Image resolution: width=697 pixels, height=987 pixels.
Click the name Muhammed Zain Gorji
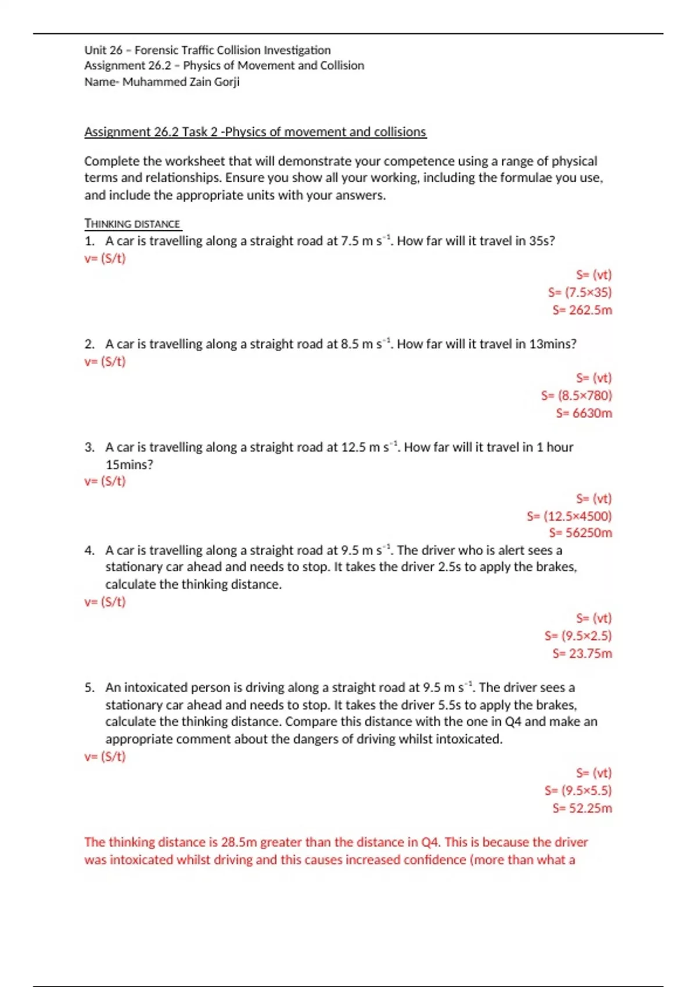[x=181, y=82]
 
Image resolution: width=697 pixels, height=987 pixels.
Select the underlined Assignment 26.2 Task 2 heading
[x=255, y=132]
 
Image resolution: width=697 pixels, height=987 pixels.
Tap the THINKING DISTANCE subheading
[x=132, y=224]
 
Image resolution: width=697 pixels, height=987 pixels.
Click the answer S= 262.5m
[x=582, y=310]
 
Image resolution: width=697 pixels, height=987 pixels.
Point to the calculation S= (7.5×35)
[x=580, y=293]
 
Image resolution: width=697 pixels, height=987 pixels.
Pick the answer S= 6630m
[x=584, y=413]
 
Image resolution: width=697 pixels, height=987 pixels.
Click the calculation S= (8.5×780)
[x=576, y=396]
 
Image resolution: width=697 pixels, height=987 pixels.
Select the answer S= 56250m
[x=580, y=533]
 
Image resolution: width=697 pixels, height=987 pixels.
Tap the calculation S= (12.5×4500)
[x=569, y=516]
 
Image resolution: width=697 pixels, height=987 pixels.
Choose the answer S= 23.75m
[x=582, y=654]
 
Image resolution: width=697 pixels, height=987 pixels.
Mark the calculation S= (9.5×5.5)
[x=578, y=791]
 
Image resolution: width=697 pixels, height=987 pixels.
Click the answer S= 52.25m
[x=582, y=808]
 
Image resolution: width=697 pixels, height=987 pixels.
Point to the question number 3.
[x=89, y=448]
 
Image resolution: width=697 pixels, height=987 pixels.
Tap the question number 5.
[x=89, y=688]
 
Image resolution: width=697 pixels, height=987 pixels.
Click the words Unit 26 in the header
[x=103, y=51]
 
